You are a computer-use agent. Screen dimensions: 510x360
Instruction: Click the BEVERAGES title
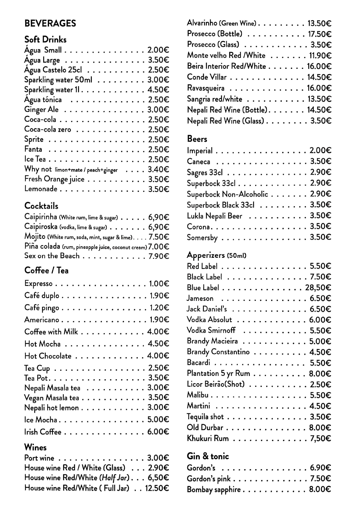[x=50, y=24]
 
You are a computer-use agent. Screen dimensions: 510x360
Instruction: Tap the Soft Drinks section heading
[x=45, y=40]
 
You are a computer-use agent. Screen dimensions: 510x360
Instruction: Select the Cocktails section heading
[x=41, y=206]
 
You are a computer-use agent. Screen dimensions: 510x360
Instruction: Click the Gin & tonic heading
[x=208, y=456]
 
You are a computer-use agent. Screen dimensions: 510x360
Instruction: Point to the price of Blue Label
[x=318, y=288]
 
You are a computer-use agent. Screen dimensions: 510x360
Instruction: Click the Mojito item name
[x=35, y=237]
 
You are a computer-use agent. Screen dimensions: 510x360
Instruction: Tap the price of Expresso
[x=159, y=284]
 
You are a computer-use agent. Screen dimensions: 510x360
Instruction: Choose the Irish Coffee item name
[x=43, y=432]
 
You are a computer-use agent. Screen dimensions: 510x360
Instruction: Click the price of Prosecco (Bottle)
[x=320, y=34]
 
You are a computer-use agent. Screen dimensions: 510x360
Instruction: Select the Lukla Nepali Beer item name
[x=214, y=216]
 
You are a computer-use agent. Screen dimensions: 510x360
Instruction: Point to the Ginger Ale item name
[x=41, y=110]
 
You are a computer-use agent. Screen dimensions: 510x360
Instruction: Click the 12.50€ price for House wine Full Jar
[x=157, y=488]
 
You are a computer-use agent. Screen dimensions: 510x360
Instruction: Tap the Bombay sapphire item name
[x=214, y=490]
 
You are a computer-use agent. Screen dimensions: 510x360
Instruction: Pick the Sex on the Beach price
[x=159, y=256]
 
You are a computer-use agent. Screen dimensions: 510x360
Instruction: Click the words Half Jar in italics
[x=114, y=478]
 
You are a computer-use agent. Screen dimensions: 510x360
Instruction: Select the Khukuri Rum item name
[x=208, y=439]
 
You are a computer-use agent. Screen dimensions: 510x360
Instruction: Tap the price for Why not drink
[x=158, y=169]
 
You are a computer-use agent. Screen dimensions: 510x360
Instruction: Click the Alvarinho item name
[x=202, y=23]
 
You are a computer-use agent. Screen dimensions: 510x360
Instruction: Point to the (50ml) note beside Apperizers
[x=237, y=256]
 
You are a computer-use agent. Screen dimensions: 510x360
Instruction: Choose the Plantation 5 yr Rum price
[x=320, y=374]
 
